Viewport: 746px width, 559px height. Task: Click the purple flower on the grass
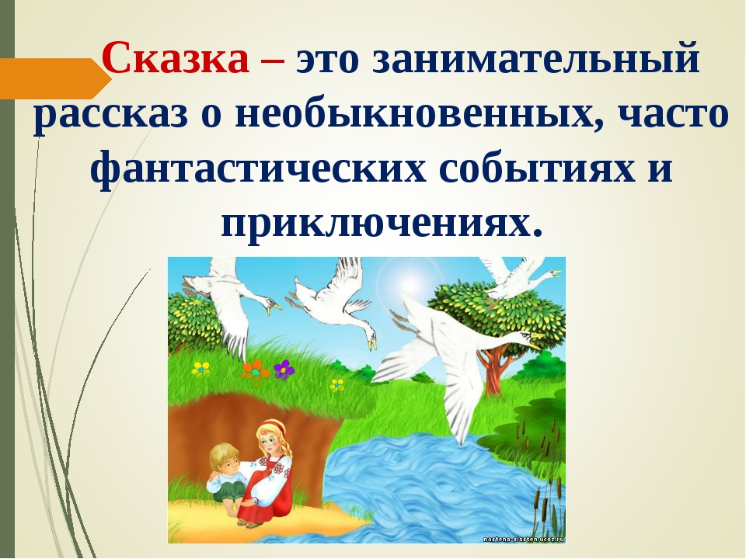coord(284,368)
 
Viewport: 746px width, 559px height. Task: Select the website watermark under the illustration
coord(522,537)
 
